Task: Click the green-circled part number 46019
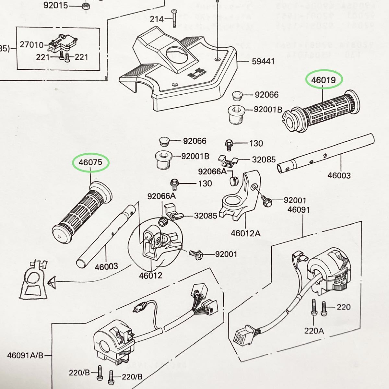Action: [324, 80]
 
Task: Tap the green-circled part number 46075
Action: [90, 162]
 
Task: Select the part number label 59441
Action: [263, 61]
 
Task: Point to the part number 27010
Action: [31, 44]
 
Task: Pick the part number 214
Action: [157, 19]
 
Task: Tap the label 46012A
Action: [245, 233]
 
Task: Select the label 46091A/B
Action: [25, 355]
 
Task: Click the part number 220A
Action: [314, 331]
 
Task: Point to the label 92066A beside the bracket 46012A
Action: [212, 171]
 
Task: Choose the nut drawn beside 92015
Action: [86, 6]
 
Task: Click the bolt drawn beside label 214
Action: [174, 18]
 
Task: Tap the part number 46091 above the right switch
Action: [298, 210]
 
